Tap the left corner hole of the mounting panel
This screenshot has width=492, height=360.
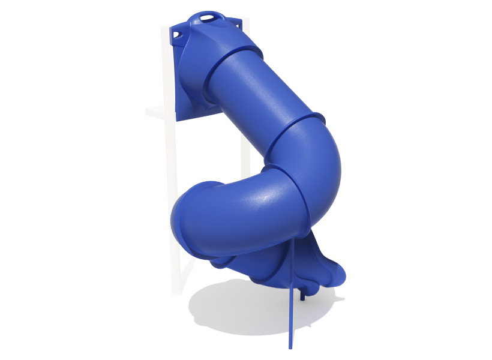(x=178, y=35)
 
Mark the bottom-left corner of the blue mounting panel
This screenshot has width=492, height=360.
(x=178, y=119)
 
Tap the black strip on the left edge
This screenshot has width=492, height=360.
(x=33, y=180)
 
